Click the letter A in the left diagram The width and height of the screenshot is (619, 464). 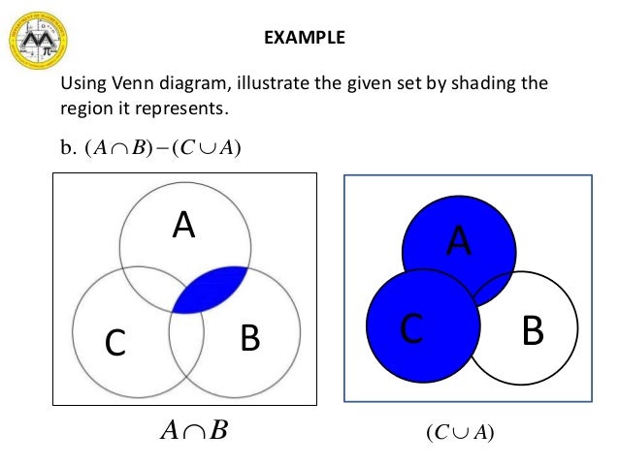(183, 226)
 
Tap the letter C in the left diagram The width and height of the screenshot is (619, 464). (114, 342)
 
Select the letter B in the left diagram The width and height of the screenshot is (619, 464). (249, 338)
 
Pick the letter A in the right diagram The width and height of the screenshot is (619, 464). (459, 240)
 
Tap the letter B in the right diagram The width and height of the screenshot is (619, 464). (532, 330)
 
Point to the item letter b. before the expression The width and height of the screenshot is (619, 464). (68, 148)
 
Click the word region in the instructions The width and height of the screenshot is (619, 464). (84, 108)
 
